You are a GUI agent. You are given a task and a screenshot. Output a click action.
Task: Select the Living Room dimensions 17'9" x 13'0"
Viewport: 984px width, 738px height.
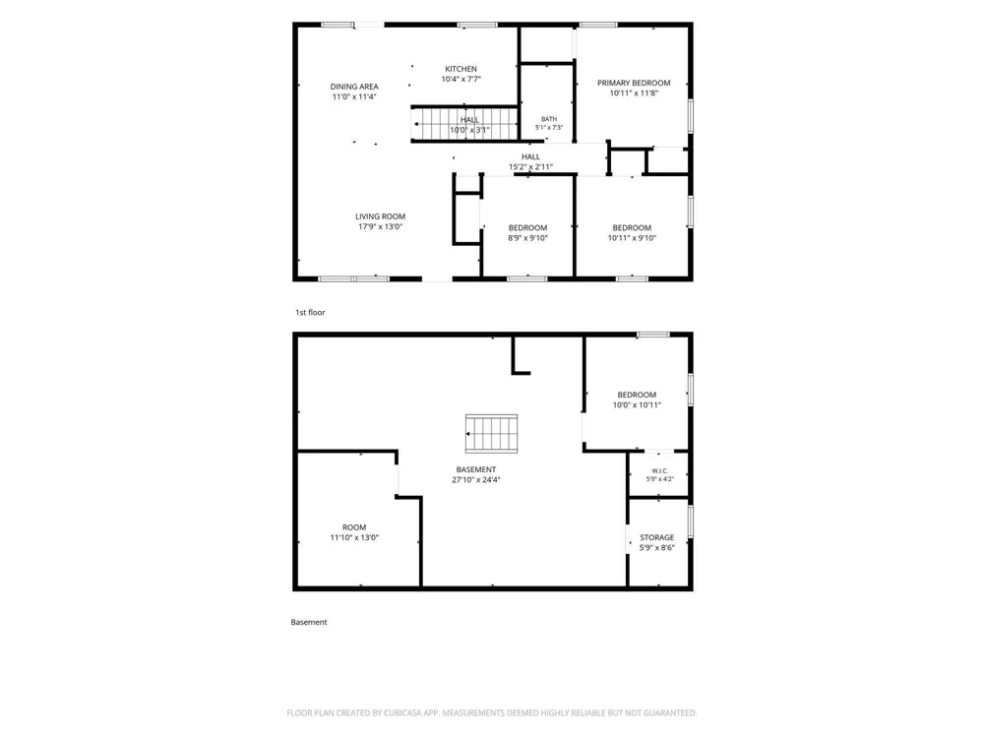tap(380, 226)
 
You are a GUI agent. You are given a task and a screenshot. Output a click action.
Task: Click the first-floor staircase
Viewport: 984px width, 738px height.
tap(465, 124)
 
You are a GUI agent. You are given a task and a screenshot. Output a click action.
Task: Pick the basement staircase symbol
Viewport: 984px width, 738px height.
tap(491, 434)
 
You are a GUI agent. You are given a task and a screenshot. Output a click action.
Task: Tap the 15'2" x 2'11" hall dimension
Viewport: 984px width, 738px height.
tap(530, 167)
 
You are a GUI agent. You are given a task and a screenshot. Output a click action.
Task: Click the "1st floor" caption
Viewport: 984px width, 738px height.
tap(310, 312)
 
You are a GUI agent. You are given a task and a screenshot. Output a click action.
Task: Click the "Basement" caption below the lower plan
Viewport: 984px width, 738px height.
tap(309, 622)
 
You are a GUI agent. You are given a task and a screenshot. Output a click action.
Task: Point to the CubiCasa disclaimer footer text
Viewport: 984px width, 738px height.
tap(491, 712)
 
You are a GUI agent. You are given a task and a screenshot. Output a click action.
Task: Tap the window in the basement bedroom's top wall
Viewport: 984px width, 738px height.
tap(653, 335)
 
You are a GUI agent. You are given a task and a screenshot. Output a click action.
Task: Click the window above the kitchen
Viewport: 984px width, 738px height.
tap(477, 26)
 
